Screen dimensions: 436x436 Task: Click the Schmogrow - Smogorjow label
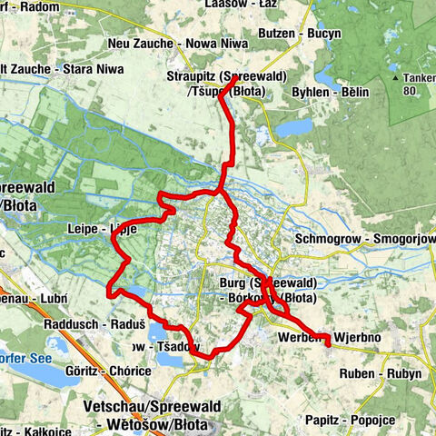pos(362,240)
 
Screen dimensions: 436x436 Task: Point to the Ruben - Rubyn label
pos(380,373)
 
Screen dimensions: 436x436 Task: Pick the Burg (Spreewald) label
pos(268,282)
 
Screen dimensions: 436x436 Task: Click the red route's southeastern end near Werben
pos(327,343)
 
